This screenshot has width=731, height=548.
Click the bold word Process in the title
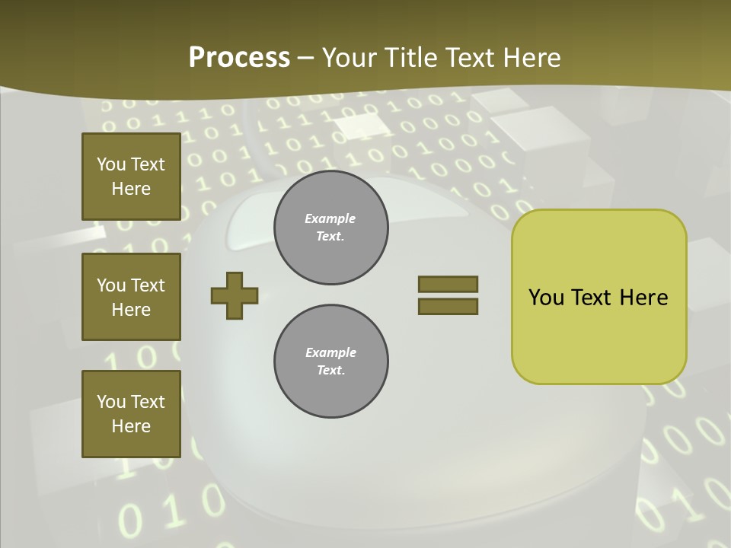[239, 58]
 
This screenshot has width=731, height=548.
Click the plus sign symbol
[235, 295]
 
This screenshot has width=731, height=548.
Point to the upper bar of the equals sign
[448, 284]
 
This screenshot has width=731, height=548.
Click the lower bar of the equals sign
[448, 306]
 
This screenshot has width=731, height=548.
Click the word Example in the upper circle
[330, 218]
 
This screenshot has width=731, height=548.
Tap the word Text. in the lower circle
[330, 371]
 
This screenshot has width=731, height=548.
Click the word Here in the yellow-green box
[643, 298]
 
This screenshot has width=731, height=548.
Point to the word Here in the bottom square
[131, 426]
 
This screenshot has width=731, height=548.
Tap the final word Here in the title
[533, 58]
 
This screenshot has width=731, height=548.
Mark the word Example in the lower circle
[330, 352]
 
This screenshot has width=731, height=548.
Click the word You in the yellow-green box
[546, 298]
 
